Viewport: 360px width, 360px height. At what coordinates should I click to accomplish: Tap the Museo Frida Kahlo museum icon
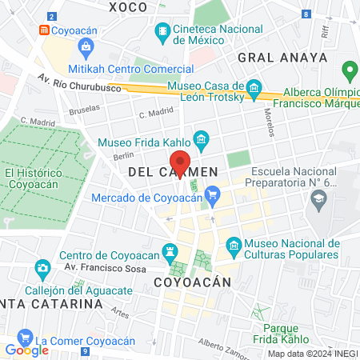pos(201,142)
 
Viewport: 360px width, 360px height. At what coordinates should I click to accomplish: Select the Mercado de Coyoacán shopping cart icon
pos(212,194)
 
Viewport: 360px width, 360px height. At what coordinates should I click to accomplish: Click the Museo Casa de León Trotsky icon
pos(254,86)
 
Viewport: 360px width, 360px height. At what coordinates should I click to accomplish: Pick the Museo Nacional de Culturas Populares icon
pos(234,244)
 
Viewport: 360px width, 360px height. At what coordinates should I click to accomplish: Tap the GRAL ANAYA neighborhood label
pos(282,57)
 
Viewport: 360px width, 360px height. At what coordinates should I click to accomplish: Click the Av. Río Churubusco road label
pos(78,82)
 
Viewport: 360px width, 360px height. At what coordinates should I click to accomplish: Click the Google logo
pos(26,350)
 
